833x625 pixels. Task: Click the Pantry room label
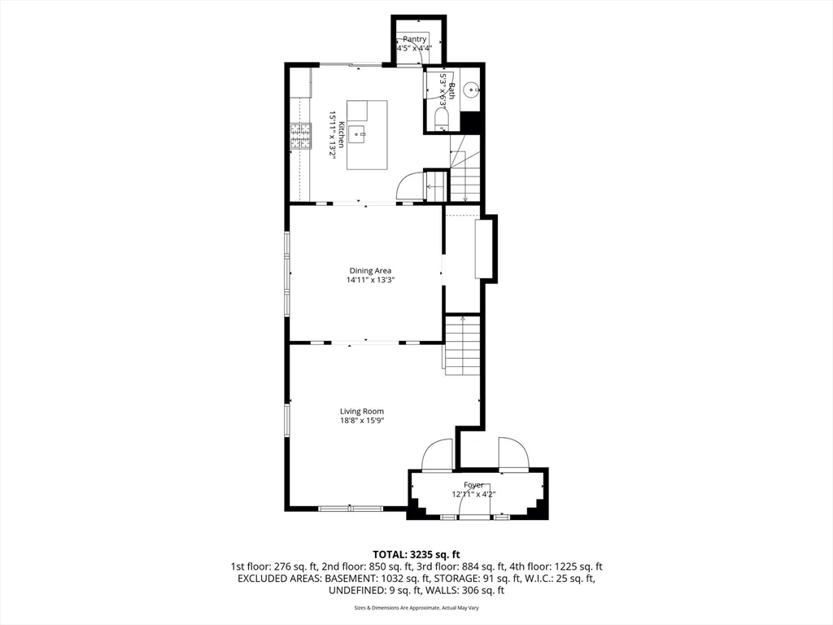coord(414,39)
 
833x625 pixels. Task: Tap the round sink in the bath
coord(471,90)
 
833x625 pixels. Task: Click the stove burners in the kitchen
coord(300,136)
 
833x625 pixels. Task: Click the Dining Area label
coord(370,270)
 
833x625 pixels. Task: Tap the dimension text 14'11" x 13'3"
coord(370,280)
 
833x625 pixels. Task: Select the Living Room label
coord(362,411)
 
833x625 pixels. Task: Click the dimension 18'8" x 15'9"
coord(362,421)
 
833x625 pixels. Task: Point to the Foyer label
coord(473,485)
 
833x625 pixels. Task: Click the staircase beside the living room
coord(462,345)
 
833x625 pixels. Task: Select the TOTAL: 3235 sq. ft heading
coord(416,555)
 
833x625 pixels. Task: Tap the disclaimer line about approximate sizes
coord(416,607)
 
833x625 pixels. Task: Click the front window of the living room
coord(350,509)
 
